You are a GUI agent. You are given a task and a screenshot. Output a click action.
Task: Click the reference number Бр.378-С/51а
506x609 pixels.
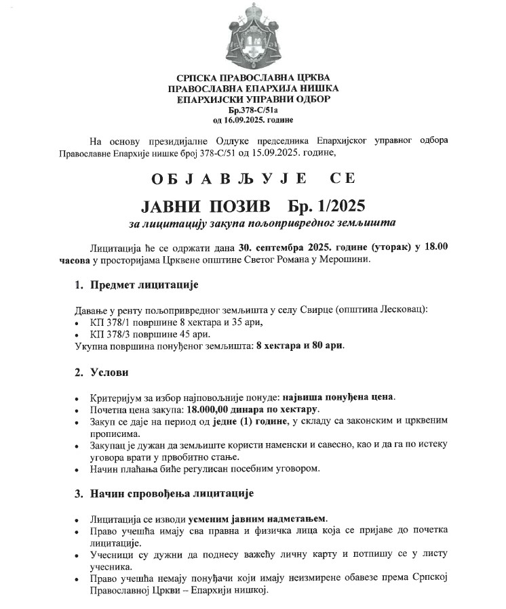click(x=253, y=109)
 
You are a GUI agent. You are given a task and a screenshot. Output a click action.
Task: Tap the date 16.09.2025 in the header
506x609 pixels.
click(x=246, y=119)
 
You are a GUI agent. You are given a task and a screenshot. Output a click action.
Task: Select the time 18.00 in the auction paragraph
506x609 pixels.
click(x=434, y=247)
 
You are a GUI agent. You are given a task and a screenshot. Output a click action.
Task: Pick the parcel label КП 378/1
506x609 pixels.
click(x=111, y=322)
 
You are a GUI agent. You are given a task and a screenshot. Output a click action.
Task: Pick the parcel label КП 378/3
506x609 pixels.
click(x=111, y=333)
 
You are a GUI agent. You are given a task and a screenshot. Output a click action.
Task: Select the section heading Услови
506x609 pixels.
click(x=109, y=372)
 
